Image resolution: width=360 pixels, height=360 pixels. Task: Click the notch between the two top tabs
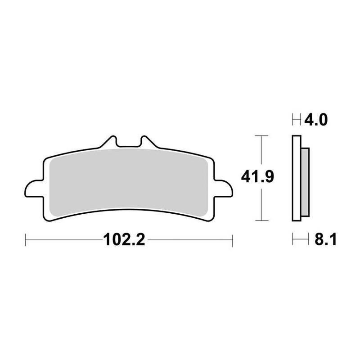(x=128, y=145)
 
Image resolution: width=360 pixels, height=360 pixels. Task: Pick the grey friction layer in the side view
(x=305, y=180)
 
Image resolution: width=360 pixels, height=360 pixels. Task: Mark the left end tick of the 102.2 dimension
(x=26, y=240)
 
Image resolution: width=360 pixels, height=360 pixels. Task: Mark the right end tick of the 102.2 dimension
(x=231, y=240)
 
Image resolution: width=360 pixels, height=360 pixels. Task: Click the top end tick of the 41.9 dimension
(x=261, y=135)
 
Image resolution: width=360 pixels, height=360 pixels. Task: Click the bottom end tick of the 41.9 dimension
(x=261, y=220)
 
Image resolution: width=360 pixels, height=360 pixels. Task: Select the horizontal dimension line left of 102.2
(x=63, y=240)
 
